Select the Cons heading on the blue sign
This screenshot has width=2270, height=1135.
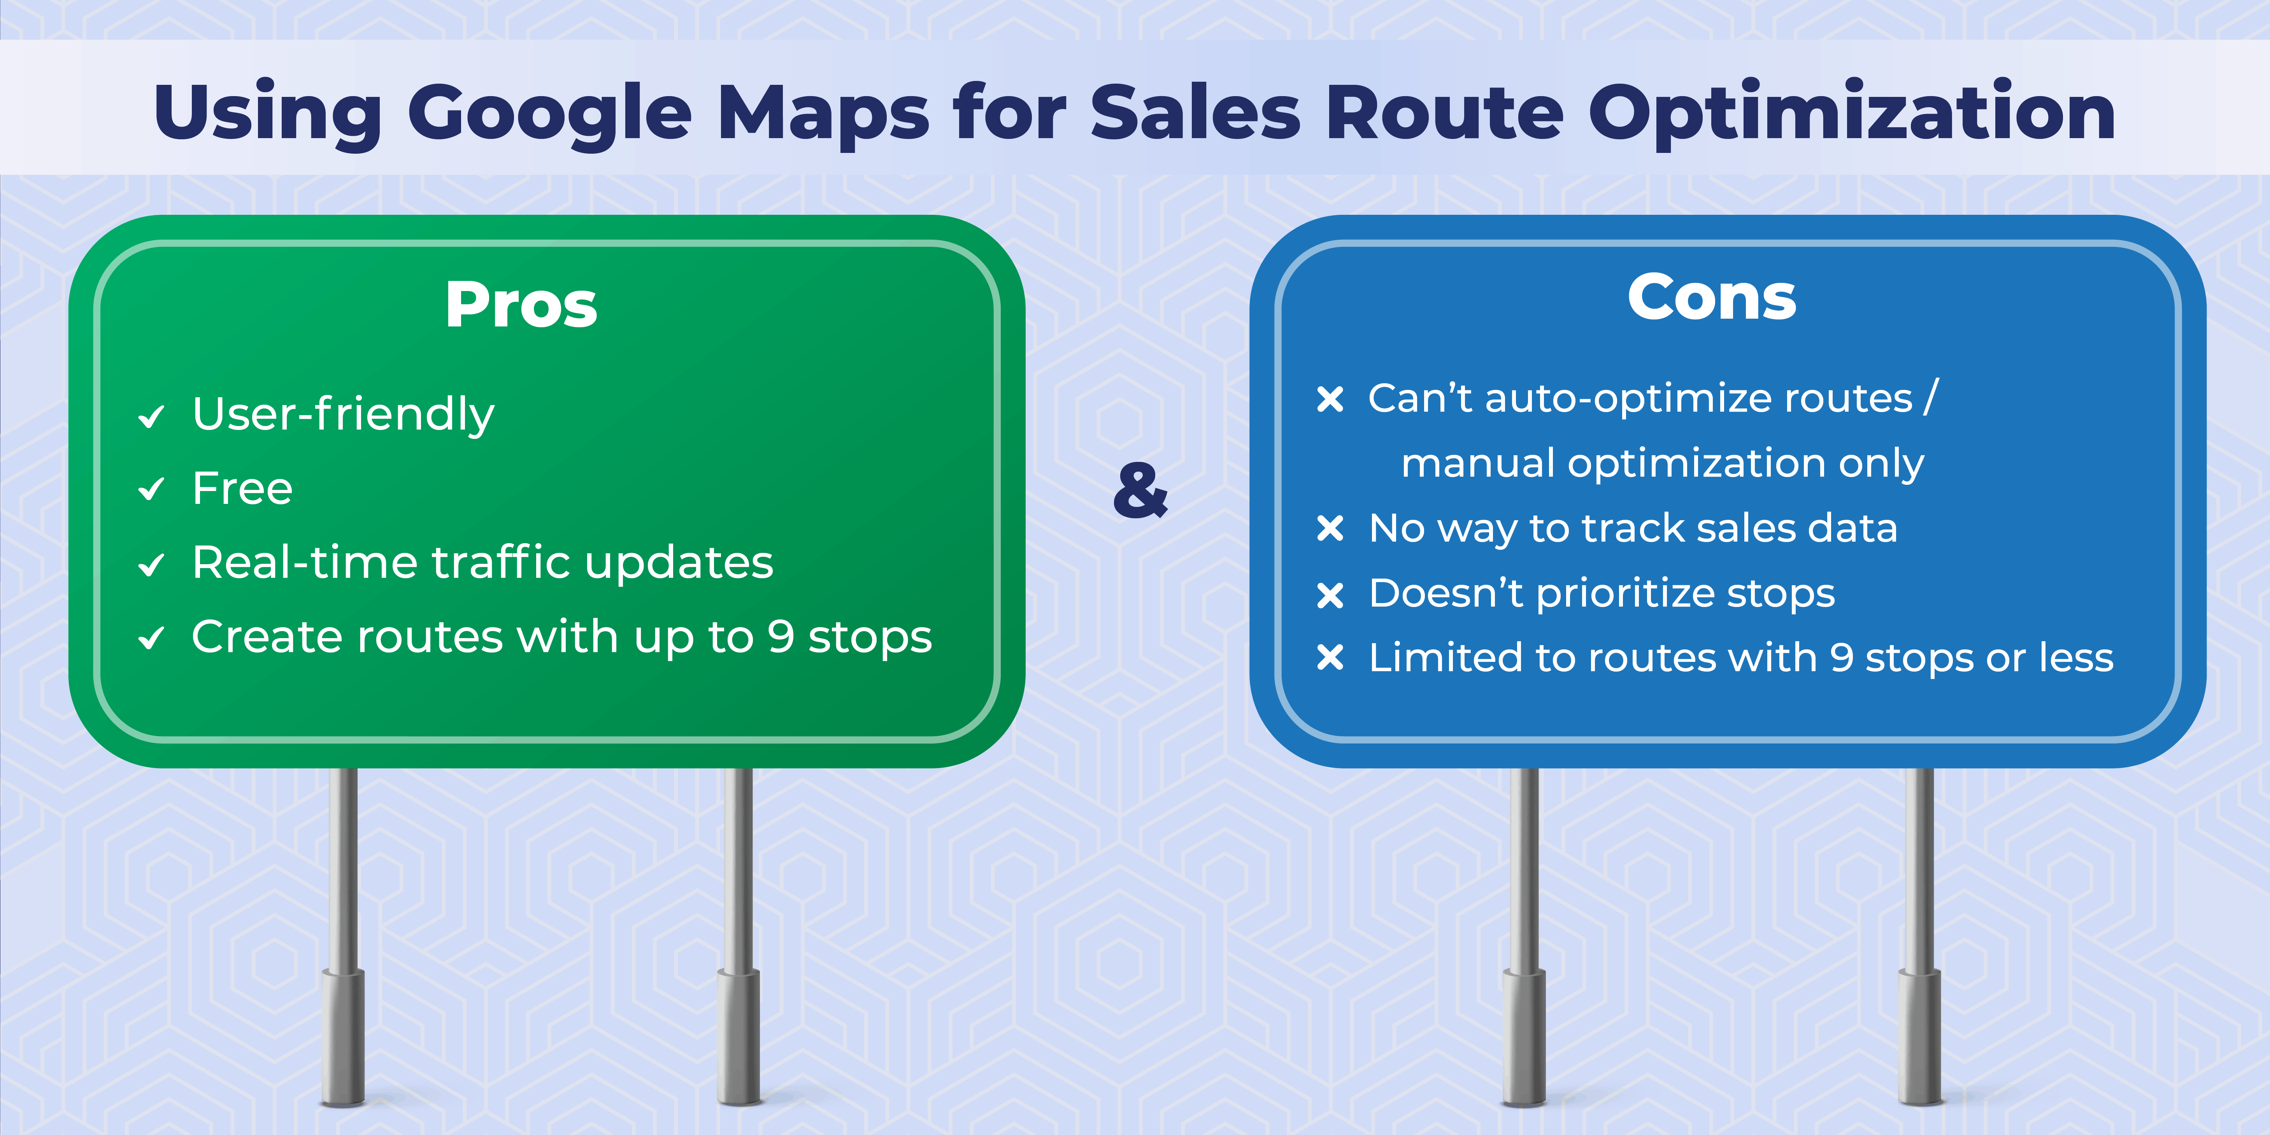point(1711,298)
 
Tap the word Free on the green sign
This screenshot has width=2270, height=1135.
point(242,488)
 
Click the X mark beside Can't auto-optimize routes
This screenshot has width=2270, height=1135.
point(1330,399)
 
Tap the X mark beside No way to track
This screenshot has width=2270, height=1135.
point(1330,529)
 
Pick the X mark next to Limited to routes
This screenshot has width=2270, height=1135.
point(1330,658)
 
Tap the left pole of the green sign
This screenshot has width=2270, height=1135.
point(344,934)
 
